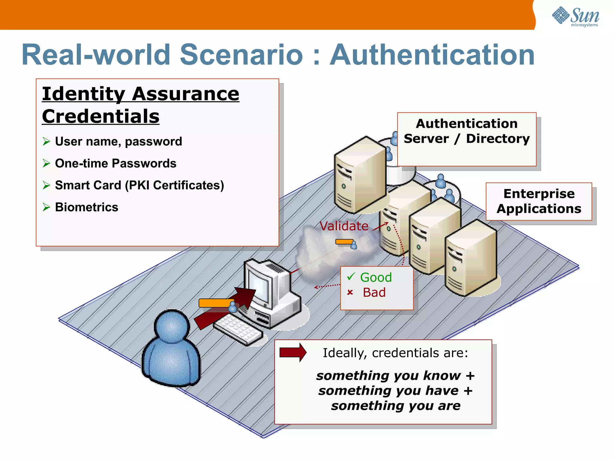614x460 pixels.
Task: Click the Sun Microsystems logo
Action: [x=575, y=16]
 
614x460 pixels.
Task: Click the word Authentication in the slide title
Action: [x=432, y=55]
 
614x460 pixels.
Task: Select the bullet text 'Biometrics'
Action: [x=87, y=207]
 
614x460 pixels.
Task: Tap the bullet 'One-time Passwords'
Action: [x=115, y=164]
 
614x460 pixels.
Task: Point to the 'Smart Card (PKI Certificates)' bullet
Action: [x=139, y=185]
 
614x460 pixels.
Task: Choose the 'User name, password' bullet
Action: [x=118, y=141]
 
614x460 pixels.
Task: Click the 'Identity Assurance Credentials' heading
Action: [x=140, y=105]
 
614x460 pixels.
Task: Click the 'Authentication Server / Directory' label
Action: [x=466, y=131]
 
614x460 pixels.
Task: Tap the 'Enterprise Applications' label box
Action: [x=539, y=201]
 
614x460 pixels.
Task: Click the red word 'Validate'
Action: [x=344, y=226]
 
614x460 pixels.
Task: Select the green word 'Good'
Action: [x=376, y=277]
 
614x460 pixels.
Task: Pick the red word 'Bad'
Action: [x=374, y=292]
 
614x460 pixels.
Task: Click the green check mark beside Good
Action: [x=351, y=276]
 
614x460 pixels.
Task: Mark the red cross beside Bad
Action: [x=350, y=292]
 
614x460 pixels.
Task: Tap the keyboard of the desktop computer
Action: [x=238, y=329]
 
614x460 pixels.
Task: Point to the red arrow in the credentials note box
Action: [x=293, y=352]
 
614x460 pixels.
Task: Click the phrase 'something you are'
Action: [x=396, y=406]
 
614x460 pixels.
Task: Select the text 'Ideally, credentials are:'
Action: [x=395, y=353]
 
